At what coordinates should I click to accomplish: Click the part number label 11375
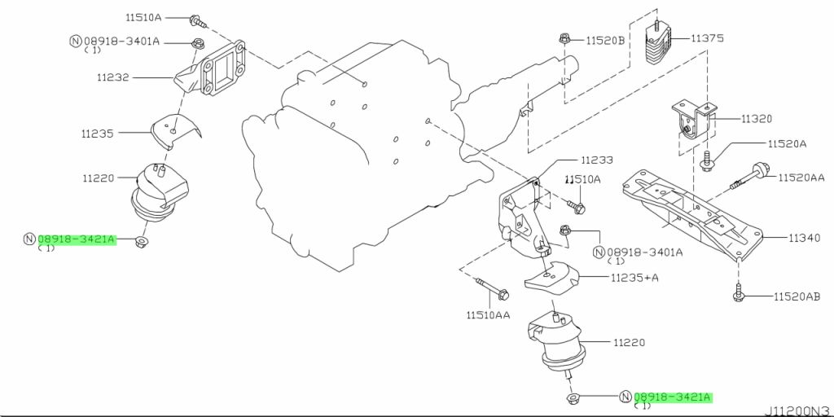(707, 38)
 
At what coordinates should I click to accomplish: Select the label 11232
(112, 77)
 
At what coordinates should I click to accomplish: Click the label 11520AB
(797, 296)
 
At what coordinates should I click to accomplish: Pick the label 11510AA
(489, 315)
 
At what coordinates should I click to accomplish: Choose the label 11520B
(605, 40)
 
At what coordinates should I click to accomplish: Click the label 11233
(597, 160)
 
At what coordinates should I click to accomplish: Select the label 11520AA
(801, 177)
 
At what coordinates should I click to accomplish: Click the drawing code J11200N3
(799, 410)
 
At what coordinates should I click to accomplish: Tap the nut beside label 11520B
(564, 38)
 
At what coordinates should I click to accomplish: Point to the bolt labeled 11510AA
(493, 288)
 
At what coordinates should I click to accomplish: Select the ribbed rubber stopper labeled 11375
(657, 43)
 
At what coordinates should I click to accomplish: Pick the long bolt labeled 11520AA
(751, 177)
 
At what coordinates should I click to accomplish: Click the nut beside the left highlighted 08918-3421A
(141, 242)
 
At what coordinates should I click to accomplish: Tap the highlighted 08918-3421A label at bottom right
(672, 397)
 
